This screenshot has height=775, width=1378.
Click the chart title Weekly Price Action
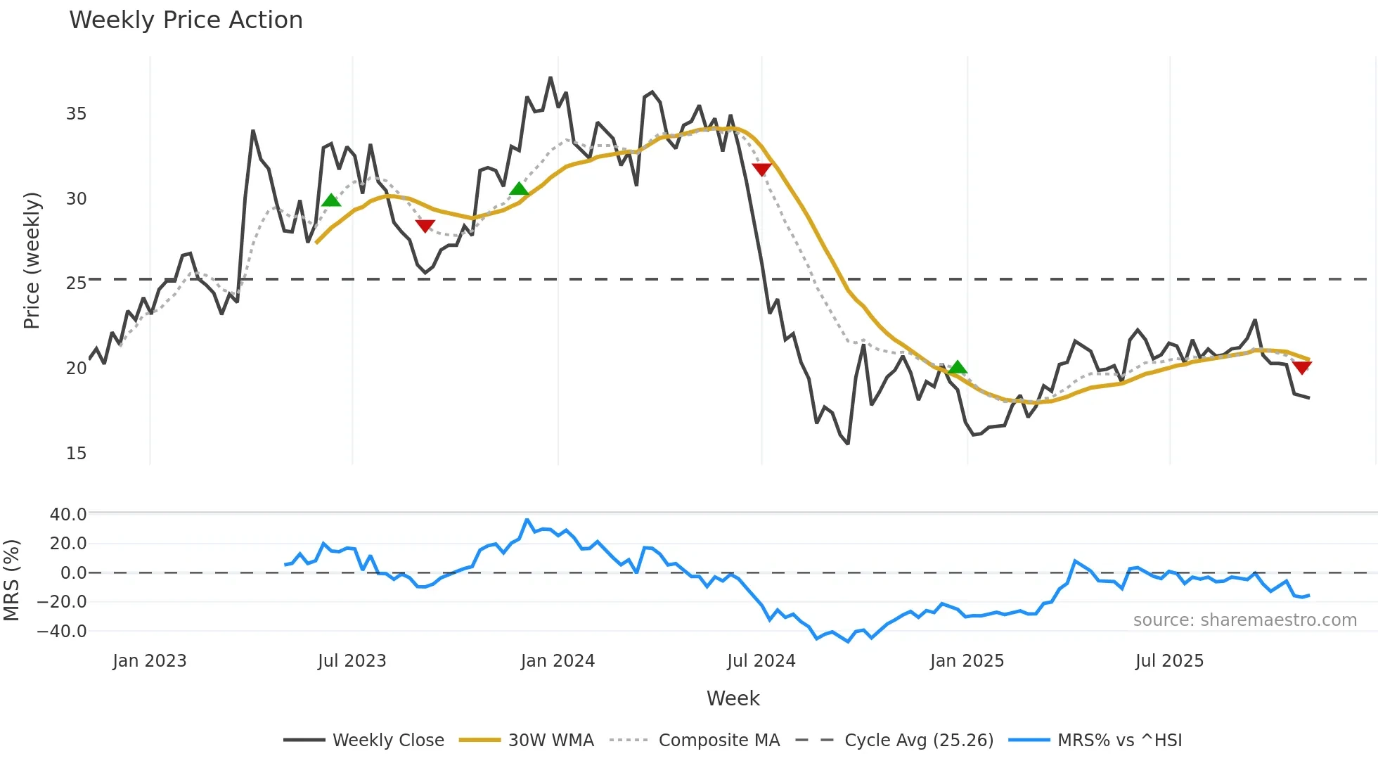tap(186, 20)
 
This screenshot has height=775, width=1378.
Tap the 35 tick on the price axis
tap(76, 114)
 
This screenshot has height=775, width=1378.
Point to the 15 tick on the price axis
tap(76, 454)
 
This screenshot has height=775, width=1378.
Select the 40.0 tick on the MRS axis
tap(68, 514)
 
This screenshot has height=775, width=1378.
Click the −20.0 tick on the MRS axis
tap(63, 602)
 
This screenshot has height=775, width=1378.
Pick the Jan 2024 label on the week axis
tap(558, 661)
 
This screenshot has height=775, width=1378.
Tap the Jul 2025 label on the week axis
tap(1169, 661)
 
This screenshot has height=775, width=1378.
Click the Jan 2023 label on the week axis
tap(149, 661)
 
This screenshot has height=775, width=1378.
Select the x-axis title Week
tap(733, 698)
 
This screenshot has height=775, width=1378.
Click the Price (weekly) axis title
tap(32, 260)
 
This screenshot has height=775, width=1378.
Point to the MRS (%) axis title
tap(11, 580)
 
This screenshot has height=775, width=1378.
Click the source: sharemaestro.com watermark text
tap(1244, 620)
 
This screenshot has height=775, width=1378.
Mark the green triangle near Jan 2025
tap(957, 367)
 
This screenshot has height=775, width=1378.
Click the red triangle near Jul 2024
tap(761, 169)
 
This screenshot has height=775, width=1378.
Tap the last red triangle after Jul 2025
tap(1301, 367)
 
